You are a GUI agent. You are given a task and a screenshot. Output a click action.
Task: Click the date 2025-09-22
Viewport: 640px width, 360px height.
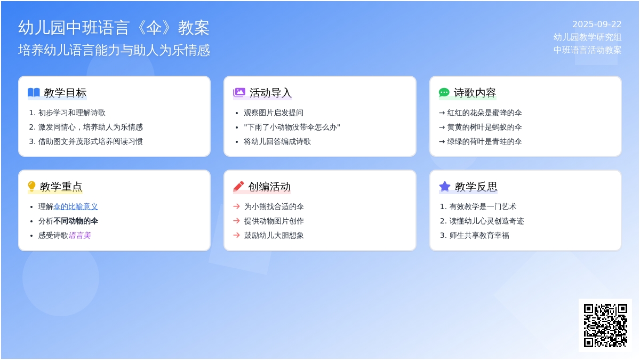pyautogui.click(x=597, y=25)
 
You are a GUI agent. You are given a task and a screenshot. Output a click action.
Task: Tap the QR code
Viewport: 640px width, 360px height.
pyautogui.click(x=605, y=325)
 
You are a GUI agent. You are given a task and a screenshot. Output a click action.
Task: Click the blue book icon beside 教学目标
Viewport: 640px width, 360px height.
pyautogui.click(x=34, y=93)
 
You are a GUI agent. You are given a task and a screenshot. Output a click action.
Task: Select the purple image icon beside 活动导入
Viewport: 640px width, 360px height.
pyautogui.click(x=239, y=92)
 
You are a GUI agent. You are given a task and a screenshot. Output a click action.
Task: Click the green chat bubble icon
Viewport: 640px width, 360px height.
pyautogui.click(x=444, y=93)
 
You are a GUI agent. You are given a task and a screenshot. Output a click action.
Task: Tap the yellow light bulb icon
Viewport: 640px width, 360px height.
pyautogui.click(x=31, y=186)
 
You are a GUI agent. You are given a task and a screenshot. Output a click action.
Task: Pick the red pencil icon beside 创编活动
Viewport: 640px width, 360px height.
pyautogui.click(x=238, y=186)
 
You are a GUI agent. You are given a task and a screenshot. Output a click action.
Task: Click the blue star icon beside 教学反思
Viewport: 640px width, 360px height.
pyautogui.click(x=445, y=186)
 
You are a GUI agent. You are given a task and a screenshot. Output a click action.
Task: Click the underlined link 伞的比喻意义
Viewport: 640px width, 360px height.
pyautogui.click(x=76, y=206)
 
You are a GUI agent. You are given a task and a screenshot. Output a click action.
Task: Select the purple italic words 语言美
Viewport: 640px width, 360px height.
pyautogui.click(x=79, y=235)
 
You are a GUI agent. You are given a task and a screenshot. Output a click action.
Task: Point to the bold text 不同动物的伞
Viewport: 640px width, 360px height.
pyautogui.click(x=76, y=221)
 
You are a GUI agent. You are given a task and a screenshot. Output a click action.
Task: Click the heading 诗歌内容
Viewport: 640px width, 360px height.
pyautogui.click(x=475, y=93)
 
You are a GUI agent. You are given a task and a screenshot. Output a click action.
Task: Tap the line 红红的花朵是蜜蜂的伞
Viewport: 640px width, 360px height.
pyautogui.click(x=481, y=113)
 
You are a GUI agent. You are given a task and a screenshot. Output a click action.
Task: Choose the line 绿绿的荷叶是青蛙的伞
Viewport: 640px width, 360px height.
pyautogui.click(x=481, y=141)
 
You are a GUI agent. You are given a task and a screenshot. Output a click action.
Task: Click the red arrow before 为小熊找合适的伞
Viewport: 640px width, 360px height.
pyautogui.click(x=236, y=206)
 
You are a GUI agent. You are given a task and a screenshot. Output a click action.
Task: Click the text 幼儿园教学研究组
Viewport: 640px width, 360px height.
pyautogui.click(x=587, y=37)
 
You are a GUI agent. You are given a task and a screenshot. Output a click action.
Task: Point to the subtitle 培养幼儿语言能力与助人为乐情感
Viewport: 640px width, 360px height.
pyautogui.click(x=114, y=50)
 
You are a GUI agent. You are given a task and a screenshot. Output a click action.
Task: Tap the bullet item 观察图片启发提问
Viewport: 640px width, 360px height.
pyautogui.click(x=274, y=113)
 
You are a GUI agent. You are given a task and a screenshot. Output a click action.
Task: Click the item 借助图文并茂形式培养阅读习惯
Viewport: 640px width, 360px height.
pyautogui.click(x=90, y=141)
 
